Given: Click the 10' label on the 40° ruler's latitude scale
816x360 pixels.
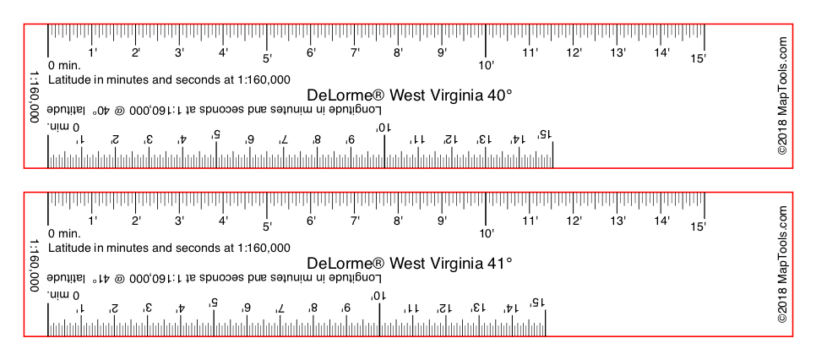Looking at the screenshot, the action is click(486, 65).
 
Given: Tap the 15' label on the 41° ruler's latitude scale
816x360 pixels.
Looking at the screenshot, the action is click(699, 226).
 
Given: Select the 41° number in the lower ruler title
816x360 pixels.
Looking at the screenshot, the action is click(499, 263).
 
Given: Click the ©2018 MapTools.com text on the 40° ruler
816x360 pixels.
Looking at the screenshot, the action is click(782, 95).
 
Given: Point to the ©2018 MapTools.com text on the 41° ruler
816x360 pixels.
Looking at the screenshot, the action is click(782, 264).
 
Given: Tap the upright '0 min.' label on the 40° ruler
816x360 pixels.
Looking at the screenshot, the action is click(64, 66).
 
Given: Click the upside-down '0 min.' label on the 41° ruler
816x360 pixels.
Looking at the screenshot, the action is click(63, 296).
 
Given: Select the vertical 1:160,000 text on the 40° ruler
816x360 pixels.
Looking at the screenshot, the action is click(35, 97).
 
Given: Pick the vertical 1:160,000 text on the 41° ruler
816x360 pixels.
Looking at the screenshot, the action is click(35, 265).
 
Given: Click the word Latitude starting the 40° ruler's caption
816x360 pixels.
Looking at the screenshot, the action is click(69, 79).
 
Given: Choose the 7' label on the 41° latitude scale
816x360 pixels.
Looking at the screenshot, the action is click(355, 221).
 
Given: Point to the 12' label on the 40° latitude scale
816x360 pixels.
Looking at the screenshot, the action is click(574, 52).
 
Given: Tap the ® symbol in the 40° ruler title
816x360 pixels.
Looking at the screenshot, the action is click(380, 95).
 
